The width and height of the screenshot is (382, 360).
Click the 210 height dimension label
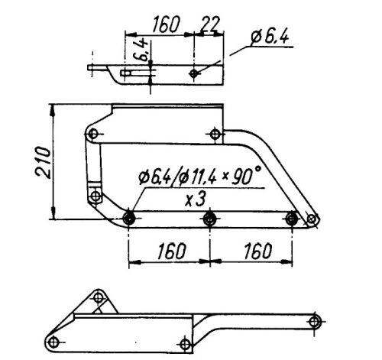[43, 162]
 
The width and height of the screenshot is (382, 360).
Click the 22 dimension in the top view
[210, 24]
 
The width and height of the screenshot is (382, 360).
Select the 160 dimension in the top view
[166, 24]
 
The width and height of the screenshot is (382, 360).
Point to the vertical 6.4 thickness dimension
[142, 49]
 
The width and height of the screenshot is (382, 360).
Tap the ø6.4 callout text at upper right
[270, 37]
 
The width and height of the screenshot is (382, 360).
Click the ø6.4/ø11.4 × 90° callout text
[200, 175]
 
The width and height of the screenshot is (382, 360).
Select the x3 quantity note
[195, 199]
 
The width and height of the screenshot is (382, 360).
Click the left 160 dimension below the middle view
[172, 251]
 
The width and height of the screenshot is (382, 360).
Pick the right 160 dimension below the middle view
[257, 251]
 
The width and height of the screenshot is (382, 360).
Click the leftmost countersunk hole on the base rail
[129, 219]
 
